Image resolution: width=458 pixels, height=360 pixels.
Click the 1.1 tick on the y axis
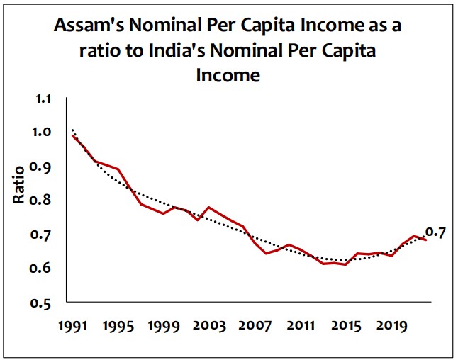tap(43, 99)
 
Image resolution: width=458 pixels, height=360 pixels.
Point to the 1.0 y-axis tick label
tap(43, 133)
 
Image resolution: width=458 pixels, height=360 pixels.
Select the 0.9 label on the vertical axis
tap(43, 167)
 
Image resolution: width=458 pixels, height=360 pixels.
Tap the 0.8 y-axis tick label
tap(43, 201)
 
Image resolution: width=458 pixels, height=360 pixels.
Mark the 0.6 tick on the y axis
tap(43, 269)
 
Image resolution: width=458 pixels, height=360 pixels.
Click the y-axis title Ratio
tap(19, 183)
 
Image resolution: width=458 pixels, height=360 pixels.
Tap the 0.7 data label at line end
tap(435, 232)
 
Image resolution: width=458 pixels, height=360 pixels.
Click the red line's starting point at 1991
tap(72, 135)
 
